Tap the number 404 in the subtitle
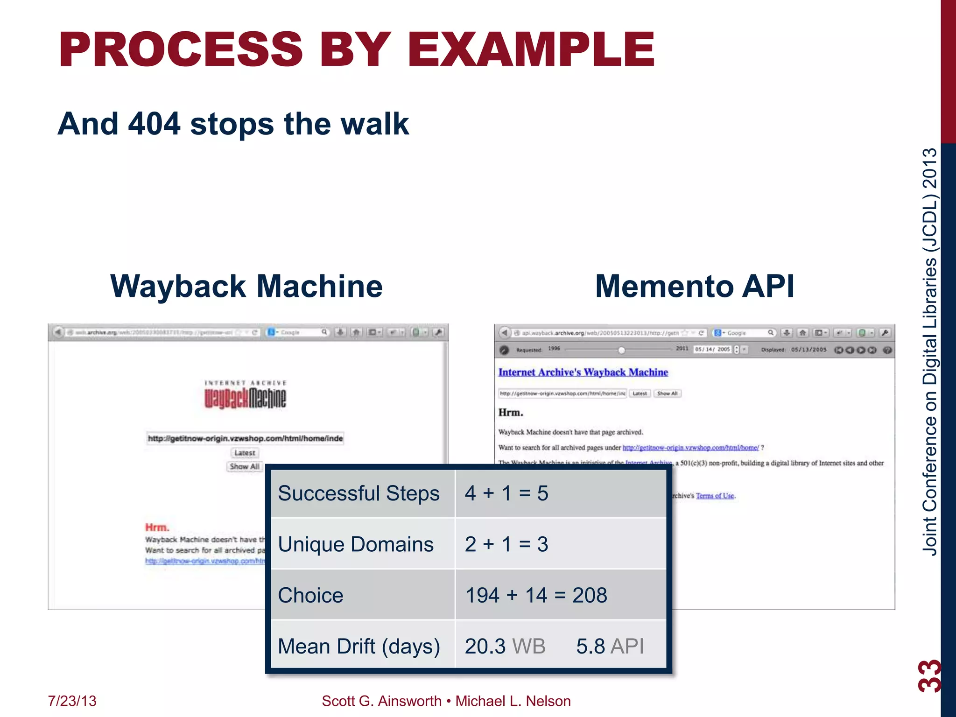pos(154,124)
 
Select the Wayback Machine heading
pos(246,286)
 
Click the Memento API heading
pos(694,286)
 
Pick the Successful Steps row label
pos(358,493)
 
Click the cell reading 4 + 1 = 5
pos(506,493)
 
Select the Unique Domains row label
pos(356,544)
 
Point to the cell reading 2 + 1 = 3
pos(506,544)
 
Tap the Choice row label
pos(310,595)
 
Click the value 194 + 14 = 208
pos(536,595)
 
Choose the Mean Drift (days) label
pos(358,647)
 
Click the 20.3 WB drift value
pos(505,647)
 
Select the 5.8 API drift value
pos(610,647)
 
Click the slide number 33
pos(929,675)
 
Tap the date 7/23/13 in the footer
pos(72,701)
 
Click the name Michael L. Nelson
pos(513,701)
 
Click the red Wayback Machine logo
pos(245,398)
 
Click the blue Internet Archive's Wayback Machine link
pos(583,372)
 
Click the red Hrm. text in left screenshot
pos(157,527)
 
